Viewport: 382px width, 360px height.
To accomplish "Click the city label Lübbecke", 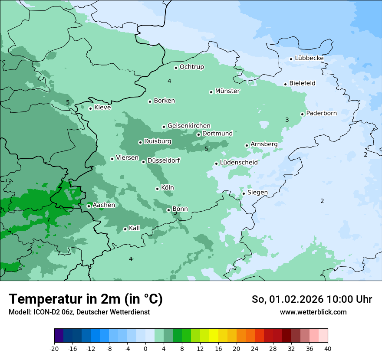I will tap(309, 58).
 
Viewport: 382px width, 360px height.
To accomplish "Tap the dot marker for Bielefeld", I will tap(286, 84).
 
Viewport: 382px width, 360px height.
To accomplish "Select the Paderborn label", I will tap(321, 113).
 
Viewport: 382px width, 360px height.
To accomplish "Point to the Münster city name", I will tap(227, 91).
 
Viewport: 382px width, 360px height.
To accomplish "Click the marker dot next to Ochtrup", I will tap(176, 68).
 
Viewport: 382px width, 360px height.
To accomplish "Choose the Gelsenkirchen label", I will tap(189, 126).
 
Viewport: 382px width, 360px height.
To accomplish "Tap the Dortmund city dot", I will tap(199, 134).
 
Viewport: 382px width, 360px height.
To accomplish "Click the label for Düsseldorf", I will tap(164, 161).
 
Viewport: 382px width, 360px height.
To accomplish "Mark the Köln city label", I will tap(167, 188).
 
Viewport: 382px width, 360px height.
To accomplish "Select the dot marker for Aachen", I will tap(89, 206).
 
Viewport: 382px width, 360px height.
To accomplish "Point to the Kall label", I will tap(134, 228).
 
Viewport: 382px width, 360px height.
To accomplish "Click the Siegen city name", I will tap(257, 193).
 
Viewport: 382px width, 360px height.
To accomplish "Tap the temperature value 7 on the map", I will tap(48, 220).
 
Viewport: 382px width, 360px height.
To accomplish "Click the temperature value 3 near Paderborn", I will tap(287, 120).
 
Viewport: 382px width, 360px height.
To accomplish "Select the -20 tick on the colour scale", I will tap(54, 348).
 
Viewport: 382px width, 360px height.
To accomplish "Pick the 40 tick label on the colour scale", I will tap(327, 348).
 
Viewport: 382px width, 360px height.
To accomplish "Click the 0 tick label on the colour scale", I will tap(145, 348).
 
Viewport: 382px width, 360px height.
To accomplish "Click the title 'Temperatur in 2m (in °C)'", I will tap(86, 299).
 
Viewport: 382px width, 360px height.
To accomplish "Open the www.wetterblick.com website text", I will tap(313, 312).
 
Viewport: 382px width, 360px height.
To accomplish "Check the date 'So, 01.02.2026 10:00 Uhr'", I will tap(312, 299).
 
